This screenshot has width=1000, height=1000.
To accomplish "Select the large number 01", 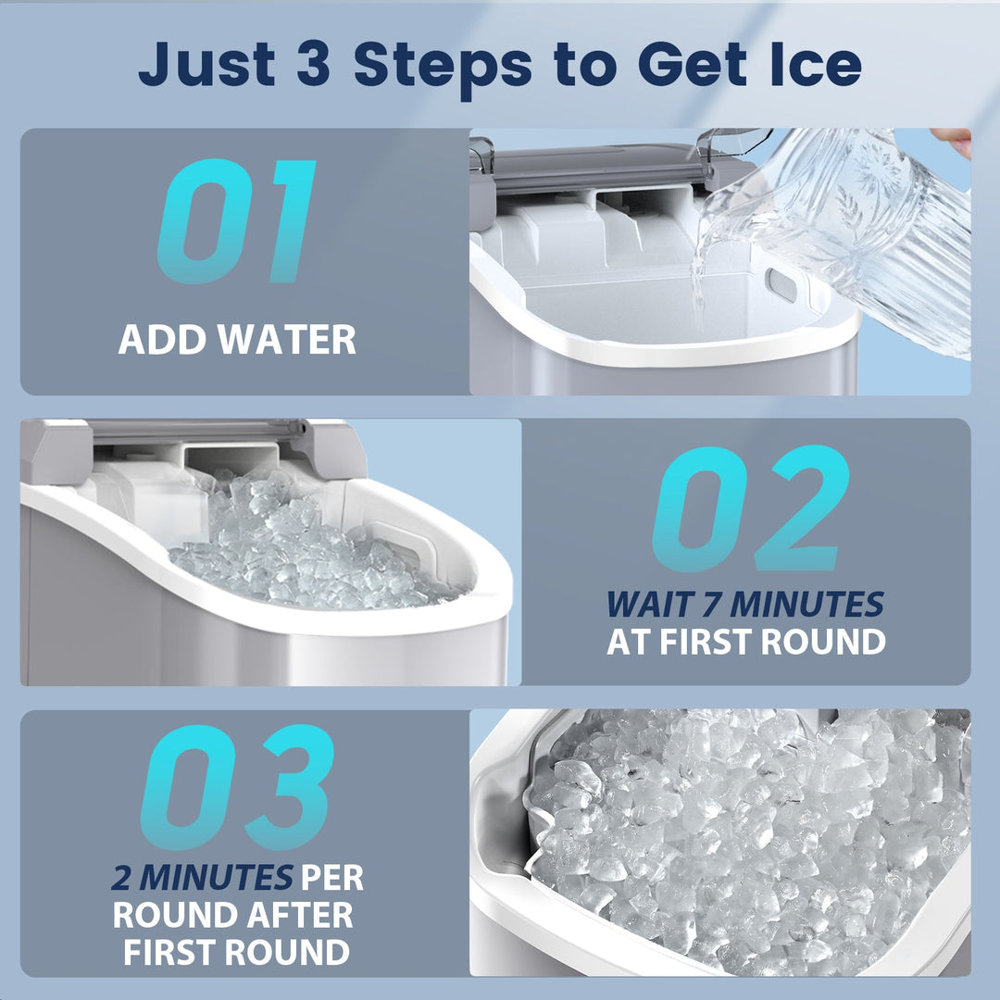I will coord(237,222).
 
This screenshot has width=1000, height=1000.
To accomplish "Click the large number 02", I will coord(750,508).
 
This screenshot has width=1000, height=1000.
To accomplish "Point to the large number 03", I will coord(237,787).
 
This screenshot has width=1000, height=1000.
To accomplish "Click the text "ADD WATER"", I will coord(237,340).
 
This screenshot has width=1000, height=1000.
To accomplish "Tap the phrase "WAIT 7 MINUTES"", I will coord(745,605).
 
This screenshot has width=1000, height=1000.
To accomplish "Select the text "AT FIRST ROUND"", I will coord(745,642).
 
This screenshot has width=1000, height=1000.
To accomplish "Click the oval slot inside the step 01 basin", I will coord(782,285).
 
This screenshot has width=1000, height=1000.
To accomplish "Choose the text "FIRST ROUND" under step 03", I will coord(237,951).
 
